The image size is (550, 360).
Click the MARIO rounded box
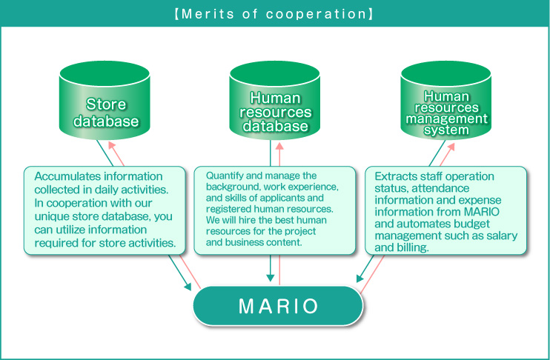pos(278,306)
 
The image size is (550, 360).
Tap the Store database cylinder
pos(105,101)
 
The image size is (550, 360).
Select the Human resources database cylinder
pos(275,101)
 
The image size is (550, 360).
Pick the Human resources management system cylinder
pos(445,101)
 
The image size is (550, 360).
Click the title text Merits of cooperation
pos(274,14)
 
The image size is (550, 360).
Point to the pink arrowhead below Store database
pos(112,146)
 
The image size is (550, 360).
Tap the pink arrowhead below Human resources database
pos(279,146)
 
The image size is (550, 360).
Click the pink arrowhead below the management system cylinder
pos(451,147)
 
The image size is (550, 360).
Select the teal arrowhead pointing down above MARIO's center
pos(270,278)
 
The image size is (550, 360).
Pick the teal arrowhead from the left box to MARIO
pos(188,287)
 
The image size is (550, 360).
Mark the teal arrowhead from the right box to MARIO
pos(360,278)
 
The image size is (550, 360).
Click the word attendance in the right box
pos(440,189)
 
